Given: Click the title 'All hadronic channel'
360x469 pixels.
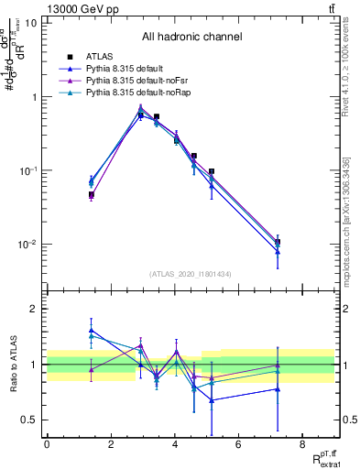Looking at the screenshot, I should pos(191,38).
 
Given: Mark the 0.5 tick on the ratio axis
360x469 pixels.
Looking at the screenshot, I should pos(30,420).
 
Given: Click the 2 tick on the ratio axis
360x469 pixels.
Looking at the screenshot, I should pos(34,309).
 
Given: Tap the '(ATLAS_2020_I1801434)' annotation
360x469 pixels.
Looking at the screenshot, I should pos(191,274).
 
